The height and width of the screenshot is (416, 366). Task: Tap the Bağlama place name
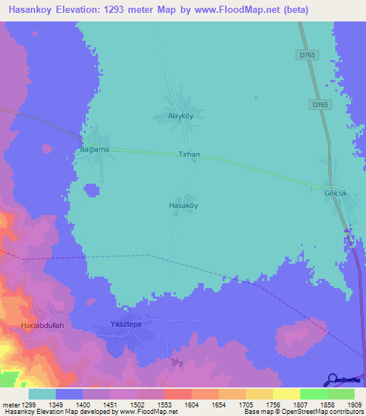pyautogui.click(x=94, y=149)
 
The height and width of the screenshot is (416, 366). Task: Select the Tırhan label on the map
pyautogui.click(x=189, y=154)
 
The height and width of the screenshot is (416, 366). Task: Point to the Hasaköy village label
pyautogui.click(x=182, y=205)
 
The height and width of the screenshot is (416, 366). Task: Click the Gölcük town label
pyautogui.click(x=336, y=193)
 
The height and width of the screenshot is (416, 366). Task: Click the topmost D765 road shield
pyautogui.click(x=307, y=54)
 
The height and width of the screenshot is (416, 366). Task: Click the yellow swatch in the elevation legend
pyautogui.click(x=286, y=394)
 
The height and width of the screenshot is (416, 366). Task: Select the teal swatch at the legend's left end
pyautogui.click(x=42, y=394)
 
